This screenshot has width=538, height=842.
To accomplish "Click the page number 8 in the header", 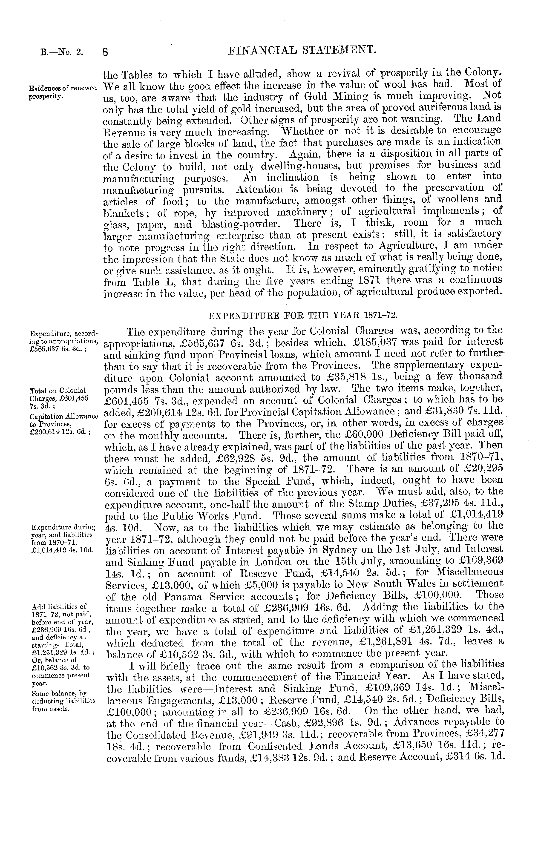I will [x=105, y=52].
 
